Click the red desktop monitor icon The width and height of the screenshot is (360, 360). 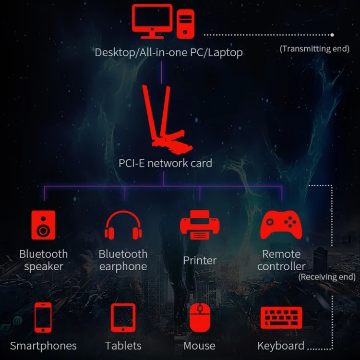click(x=152, y=20)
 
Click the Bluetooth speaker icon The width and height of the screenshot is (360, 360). click(x=43, y=225)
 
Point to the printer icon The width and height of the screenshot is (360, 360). click(x=200, y=225)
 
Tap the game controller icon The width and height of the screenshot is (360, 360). click(x=281, y=225)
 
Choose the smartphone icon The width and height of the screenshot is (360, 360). click(x=43, y=317)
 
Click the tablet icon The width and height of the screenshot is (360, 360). click(x=123, y=317)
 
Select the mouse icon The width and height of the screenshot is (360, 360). click(x=200, y=317)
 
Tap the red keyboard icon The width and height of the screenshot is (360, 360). click(x=281, y=317)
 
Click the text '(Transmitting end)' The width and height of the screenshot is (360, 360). click(x=314, y=49)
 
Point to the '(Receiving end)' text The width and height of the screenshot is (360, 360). click(x=327, y=277)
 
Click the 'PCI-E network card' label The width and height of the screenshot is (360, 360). click(x=165, y=163)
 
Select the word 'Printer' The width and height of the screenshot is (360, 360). click(x=200, y=261)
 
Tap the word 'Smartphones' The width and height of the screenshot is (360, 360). click(x=43, y=346)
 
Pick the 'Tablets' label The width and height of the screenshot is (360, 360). click(x=123, y=346)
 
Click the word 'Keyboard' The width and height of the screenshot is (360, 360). click(x=281, y=346)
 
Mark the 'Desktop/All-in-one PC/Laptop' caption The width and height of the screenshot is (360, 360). click(x=168, y=52)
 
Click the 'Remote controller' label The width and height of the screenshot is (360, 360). click(x=281, y=260)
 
